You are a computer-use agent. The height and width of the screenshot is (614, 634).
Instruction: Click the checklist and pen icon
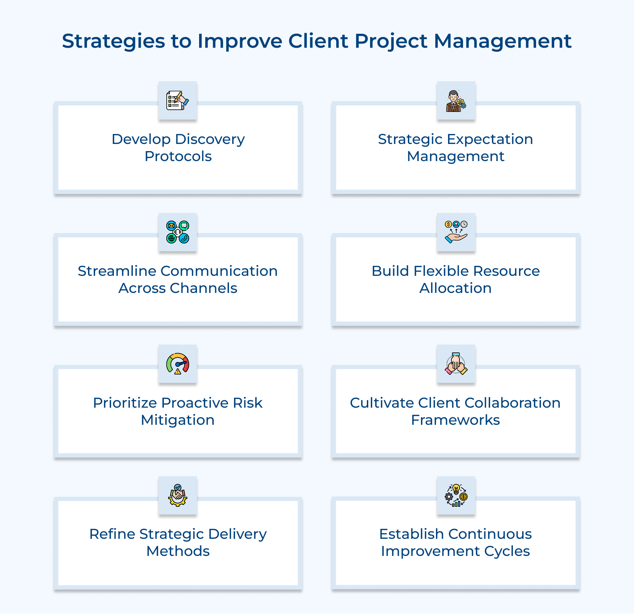coord(177,100)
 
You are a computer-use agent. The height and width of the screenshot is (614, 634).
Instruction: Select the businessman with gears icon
coord(456,101)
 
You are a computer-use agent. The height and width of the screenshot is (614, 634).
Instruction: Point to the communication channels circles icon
coord(177,232)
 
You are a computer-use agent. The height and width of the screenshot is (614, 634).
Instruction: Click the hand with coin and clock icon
coord(456,232)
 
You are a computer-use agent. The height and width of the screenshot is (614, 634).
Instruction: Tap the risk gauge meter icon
coord(177,364)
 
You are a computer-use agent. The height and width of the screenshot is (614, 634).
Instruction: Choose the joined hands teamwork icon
coord(456,364)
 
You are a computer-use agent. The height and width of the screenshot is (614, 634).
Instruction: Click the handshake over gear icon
coord(177,495)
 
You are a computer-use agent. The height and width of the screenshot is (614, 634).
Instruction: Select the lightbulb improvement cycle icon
coord(456,495)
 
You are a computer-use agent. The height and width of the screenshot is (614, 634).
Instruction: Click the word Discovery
coord(210,139)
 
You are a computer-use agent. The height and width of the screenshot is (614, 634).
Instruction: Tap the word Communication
coord(219,271)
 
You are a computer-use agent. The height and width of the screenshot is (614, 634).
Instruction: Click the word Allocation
coord(456,288)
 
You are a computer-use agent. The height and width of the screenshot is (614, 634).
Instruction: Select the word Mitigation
coord(177,420)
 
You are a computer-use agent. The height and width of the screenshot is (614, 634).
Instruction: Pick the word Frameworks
coord(455,420)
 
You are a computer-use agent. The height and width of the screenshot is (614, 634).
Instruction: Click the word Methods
coord(178,551)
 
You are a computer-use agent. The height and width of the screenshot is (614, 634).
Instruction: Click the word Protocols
coord(178,156)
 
